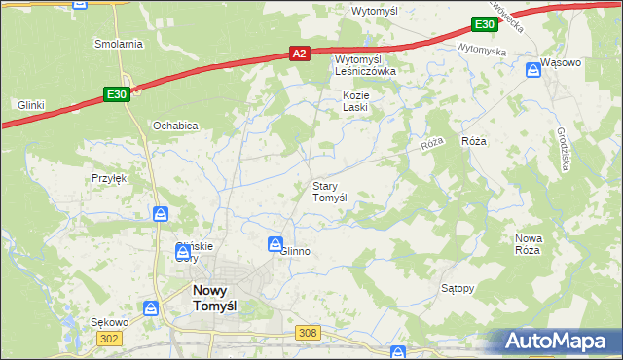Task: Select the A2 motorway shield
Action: click(300, 55)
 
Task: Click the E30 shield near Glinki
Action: click(116, 93)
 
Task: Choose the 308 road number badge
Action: click(308, 333)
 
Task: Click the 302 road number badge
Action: click(110, 337)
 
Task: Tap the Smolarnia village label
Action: click(119, 44)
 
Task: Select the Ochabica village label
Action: click(175, 126)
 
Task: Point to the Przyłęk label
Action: click(110, 178)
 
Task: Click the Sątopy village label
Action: click(458, 288)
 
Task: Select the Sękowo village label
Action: click(109, 322)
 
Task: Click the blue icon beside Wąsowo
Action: click(533, 69)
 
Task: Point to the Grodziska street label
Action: click(565, 149)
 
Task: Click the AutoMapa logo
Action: click(558, 341)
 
